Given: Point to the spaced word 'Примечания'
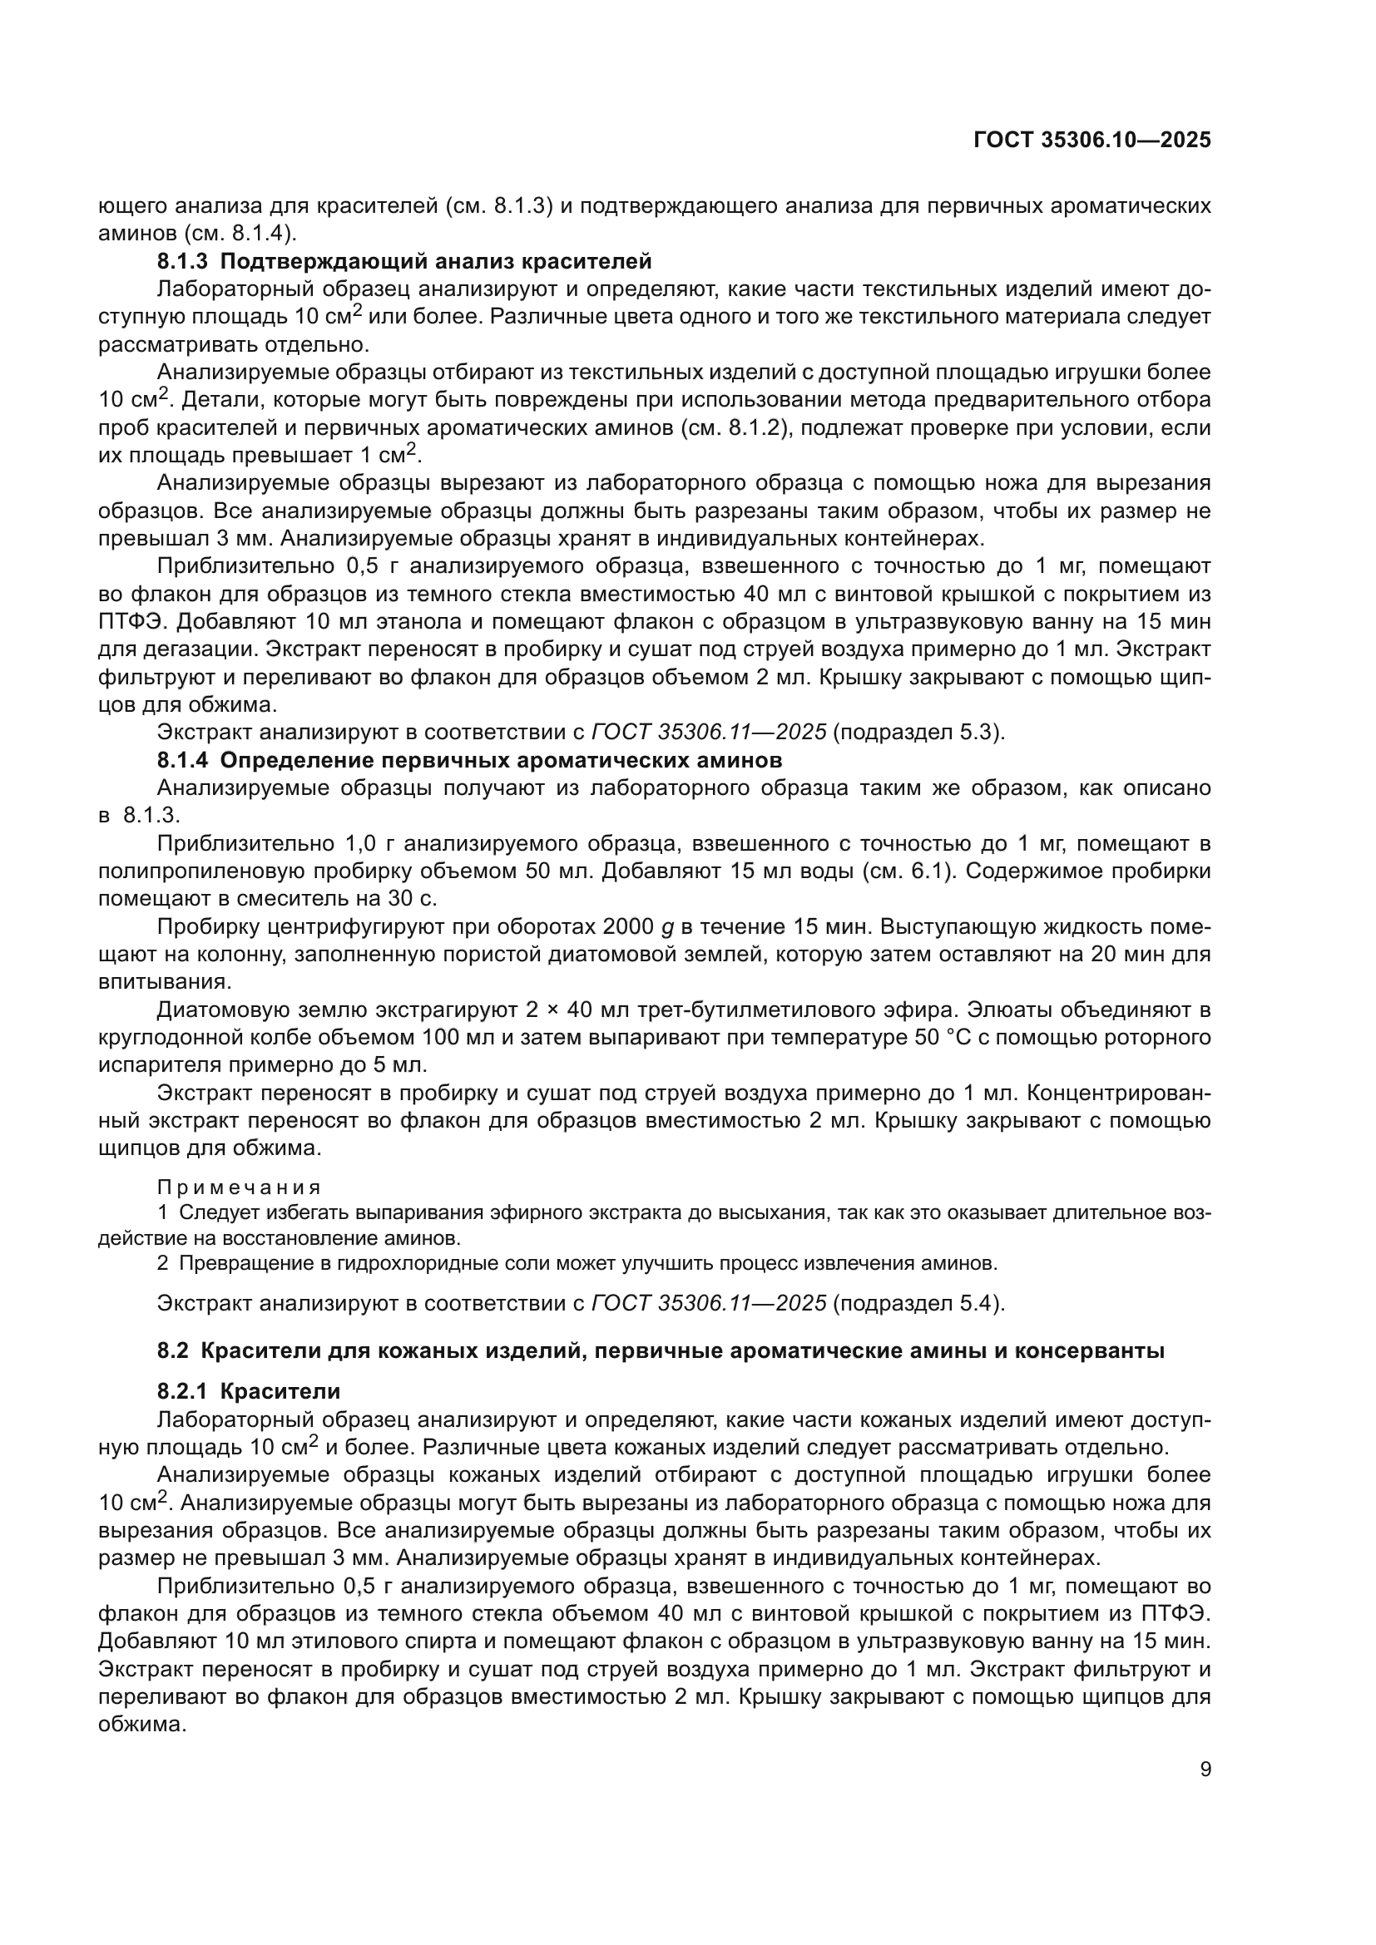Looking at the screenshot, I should click(239, 1187).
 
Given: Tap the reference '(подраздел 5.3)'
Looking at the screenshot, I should click(918, 731).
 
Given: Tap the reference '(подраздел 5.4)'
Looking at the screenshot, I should click(918, 1302).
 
